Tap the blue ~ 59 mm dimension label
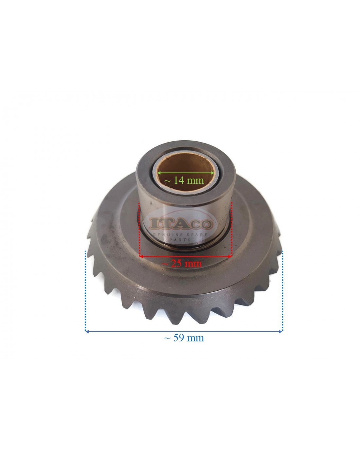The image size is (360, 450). point(184,338)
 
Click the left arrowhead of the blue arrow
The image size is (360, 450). point(87,332)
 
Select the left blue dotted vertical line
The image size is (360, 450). point(85,291)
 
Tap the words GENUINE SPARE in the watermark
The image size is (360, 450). point(182,235)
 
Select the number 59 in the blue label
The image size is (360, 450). point(177,338)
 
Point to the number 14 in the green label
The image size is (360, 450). point(178,180)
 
